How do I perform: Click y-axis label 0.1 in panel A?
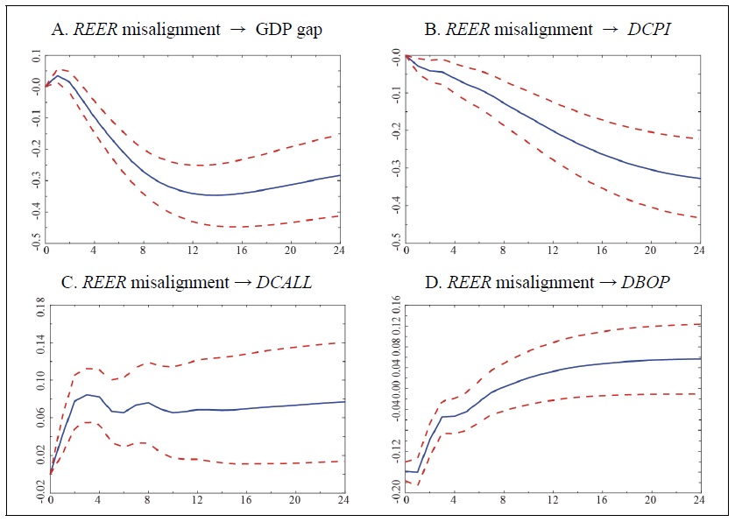(x=34, y=57)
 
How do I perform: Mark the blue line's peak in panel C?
(x=88, y=394)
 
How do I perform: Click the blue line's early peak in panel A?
(x=58, y=76)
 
